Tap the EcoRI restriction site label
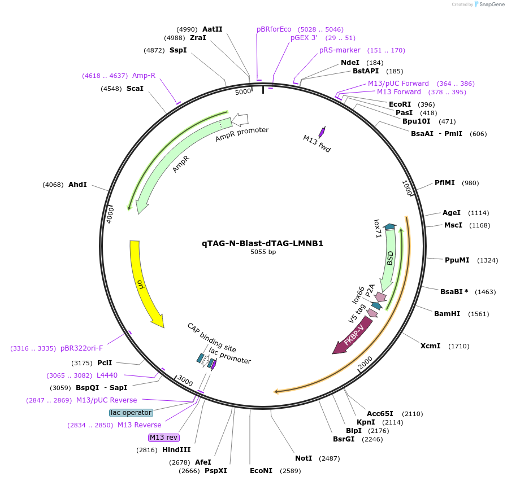coord(400,104)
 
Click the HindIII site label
coord(176,450)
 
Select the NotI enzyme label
coord(304,458)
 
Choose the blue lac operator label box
coord(131,413)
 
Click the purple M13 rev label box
coord(163,438)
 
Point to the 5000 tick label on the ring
coord(243,91)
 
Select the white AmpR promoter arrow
coord(240,119)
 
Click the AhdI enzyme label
coord(77,185)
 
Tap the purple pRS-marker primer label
coord(340,50)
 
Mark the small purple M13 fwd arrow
coord(322,132)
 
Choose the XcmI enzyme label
coord(430,346)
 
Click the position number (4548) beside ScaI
coord(110,89)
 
